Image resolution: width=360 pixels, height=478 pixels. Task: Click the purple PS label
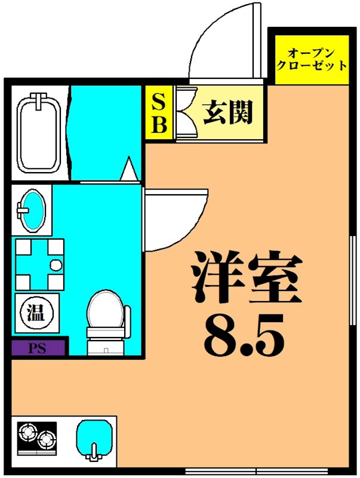tap(38, 347)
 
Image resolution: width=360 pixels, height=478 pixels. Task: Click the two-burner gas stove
tap(36, 439)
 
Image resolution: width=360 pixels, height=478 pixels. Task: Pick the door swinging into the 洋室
tap(173, 218)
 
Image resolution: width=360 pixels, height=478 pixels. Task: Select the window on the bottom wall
tap(257, 472)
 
